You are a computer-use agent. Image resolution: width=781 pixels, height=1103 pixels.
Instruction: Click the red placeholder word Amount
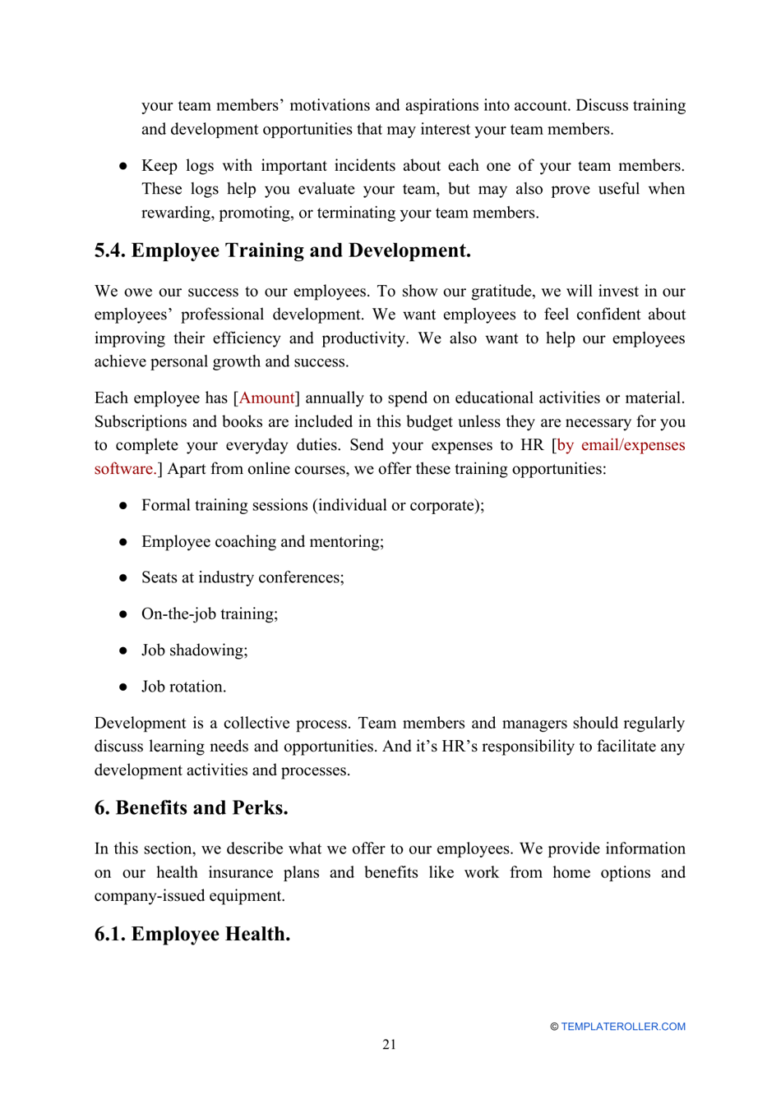click(x=266, y=398)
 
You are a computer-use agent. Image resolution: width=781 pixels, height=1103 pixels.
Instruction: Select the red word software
click(x=124, y=469)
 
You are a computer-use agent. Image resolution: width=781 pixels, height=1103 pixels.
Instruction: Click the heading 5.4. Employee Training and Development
click(x=282, y=250)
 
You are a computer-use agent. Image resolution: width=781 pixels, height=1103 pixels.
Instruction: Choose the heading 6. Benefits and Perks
click(x=191, y=808)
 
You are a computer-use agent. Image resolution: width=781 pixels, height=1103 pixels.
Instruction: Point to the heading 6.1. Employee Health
click(x=192, y=935)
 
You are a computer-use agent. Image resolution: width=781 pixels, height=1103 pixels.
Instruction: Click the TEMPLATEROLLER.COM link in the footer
click(x=622, y=1027)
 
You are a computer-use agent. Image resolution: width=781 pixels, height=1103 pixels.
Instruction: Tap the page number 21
click(x=389, y=1045)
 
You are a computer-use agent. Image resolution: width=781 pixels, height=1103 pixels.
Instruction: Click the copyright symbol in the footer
click(x=554, y=1027)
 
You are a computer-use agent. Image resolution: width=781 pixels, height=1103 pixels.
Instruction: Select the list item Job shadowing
click(x=194, y=650)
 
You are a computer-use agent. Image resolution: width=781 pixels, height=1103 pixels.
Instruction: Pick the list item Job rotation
click(x=183, y=687)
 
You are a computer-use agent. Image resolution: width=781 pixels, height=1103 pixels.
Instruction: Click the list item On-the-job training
click(x=209, y=614)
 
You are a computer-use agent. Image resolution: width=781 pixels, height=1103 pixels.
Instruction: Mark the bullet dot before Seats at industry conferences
click(x=122, y=578)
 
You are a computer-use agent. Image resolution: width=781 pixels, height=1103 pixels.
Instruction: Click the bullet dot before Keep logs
click(x=122, y=166)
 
